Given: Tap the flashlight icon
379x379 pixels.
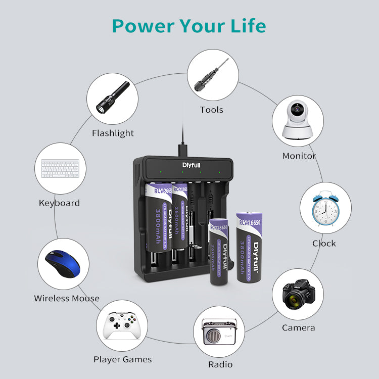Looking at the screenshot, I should pos(112,98).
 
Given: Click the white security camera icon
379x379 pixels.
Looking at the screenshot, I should pos(298,121).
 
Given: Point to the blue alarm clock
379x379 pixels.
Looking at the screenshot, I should pos(325,208).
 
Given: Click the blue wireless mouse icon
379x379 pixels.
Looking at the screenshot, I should pos(63,264).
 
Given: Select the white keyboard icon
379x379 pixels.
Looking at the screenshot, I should pos(60,169).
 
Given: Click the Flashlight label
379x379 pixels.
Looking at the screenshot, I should pos(113,133).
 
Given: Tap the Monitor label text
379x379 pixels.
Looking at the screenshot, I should pos(299,156).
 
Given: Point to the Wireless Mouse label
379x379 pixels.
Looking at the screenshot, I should pos(67,299).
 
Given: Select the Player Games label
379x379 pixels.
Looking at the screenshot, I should pos(122,360).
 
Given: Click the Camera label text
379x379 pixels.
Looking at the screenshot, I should pos(298,328).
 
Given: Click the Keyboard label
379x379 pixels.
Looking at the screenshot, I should pos(59,203).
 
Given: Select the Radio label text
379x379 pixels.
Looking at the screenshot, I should pos(220,364).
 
